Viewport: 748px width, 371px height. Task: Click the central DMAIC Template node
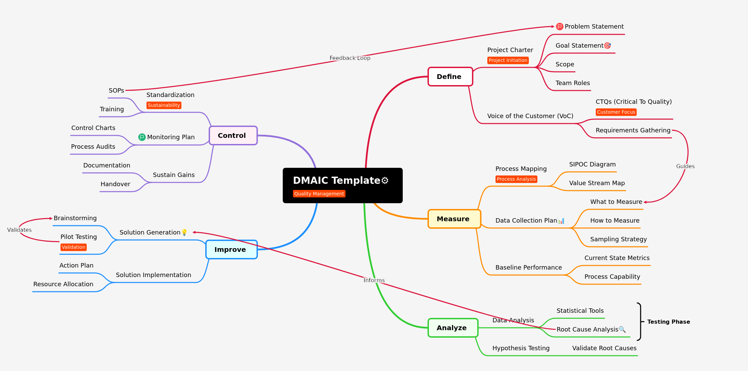point(343,185)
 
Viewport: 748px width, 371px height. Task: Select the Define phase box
point(450,77)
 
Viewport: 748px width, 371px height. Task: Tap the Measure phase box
point(454,219)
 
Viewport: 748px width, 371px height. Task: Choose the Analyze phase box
point(453,328)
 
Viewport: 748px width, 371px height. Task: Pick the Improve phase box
point(231,249)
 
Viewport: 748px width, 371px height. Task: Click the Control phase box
point(233,135)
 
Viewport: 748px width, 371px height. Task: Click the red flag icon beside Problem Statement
point(559,27)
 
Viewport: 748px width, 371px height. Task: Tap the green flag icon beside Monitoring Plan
point(142,137)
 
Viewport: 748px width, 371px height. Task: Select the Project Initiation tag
point(508,60)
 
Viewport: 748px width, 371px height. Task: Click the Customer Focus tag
point(616,112)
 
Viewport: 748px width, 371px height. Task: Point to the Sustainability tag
point(164,105)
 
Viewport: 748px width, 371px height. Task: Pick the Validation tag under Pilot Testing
point(73,247)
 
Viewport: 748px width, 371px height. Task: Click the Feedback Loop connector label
point(350,58)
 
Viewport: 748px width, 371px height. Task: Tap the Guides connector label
point(685,166)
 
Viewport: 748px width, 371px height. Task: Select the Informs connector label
point(374,280)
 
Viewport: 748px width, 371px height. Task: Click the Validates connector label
point(19,230)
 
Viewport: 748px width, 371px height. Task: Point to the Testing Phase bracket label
point(668,322)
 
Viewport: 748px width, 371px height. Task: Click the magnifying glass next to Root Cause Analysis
point(622,329)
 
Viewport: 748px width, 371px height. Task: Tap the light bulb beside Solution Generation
point(184,232)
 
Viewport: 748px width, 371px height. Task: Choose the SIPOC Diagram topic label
point(592,164)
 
